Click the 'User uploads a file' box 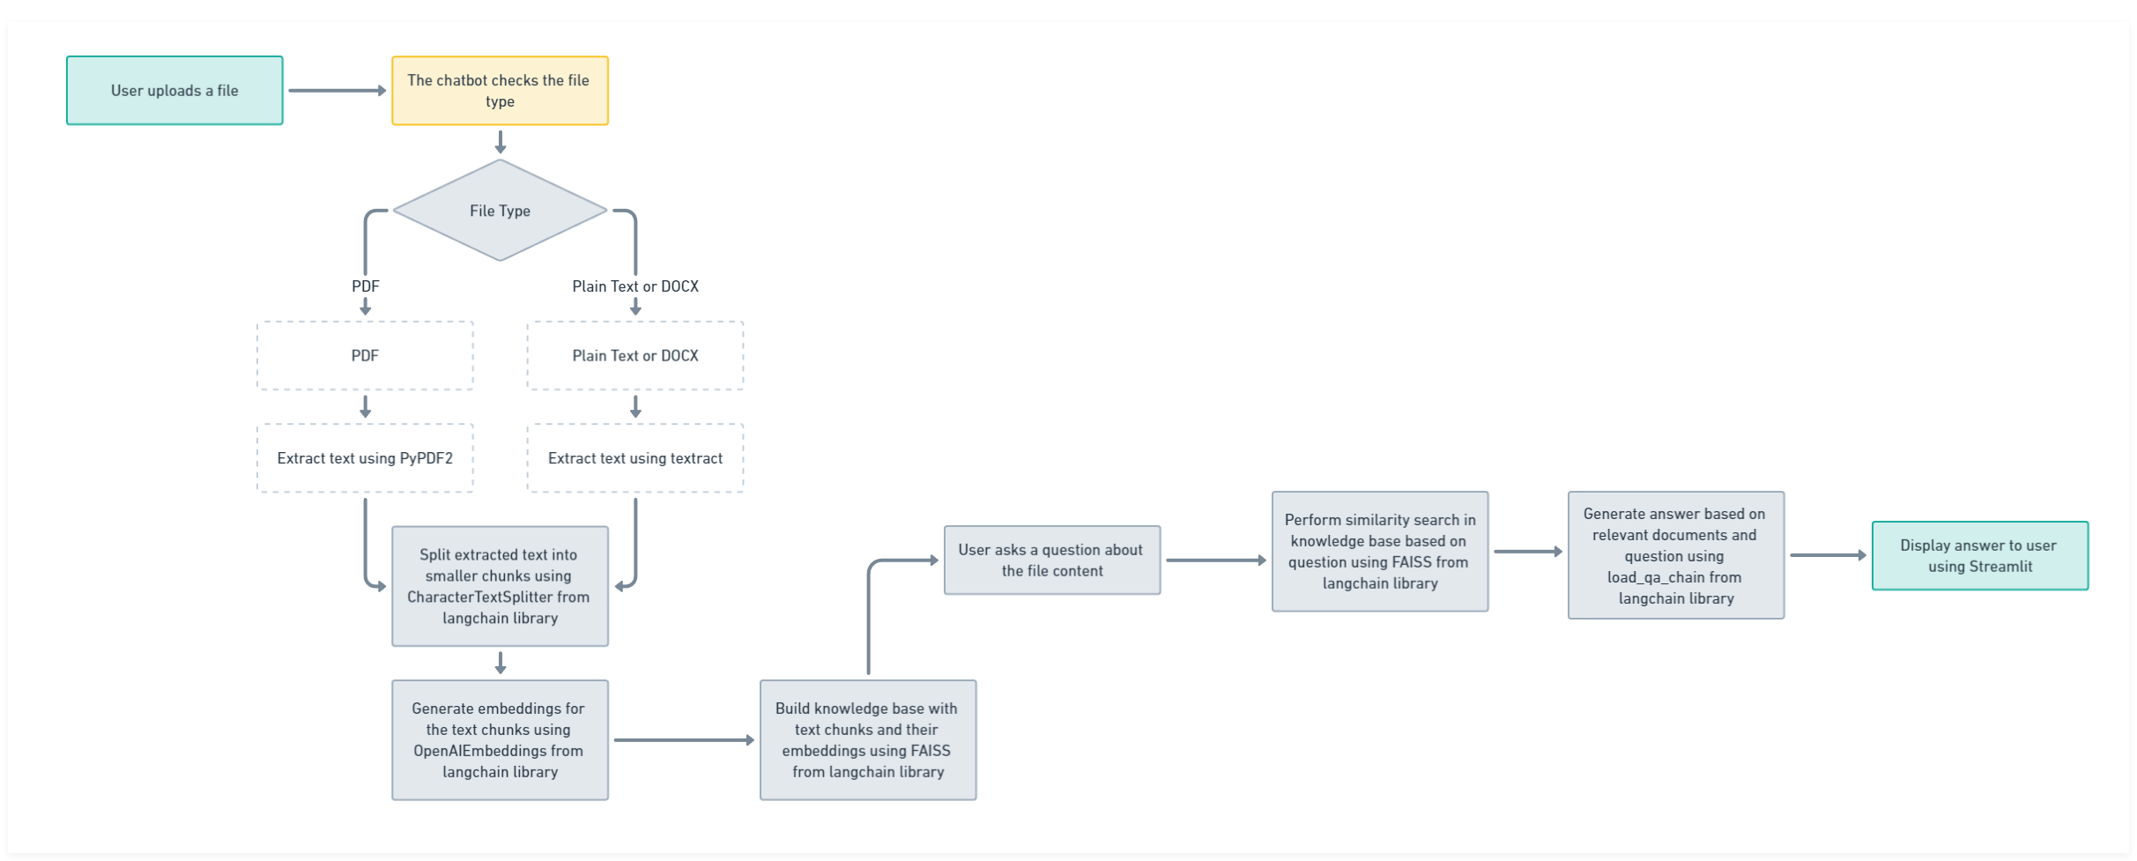(x=174, y=91)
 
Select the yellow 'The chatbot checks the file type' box (x=500, y=91)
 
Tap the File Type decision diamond (x=500, y=210)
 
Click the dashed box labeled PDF (x=365, y=355)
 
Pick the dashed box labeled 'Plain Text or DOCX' (x=635, y=355)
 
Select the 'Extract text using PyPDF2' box (x=365, y=458)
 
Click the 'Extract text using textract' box (x=635, y=458)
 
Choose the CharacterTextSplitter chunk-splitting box (x=500, y=586)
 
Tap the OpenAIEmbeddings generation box (x=500, y=740)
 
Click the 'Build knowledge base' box (x=868, y=740)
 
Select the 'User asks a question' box (x=1052, y=560)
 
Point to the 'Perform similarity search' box (x=1380, y=552)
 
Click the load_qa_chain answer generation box (x=1676, y=555)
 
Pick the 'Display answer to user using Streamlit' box (x=1980, y=555)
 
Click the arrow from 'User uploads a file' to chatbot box (x=338, y=91)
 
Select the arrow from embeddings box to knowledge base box (x=685, y=740)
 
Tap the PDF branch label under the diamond (x=366, y=286)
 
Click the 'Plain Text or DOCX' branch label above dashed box (x=635, y=286)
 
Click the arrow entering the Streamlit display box (x=1829, y=555)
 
